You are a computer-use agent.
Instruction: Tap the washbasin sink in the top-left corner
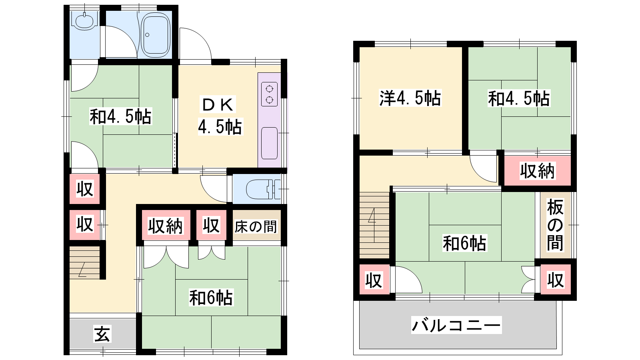84,21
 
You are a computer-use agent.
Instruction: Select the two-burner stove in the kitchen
270,94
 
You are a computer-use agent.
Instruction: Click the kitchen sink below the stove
270,143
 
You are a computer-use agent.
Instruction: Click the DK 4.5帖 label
220,116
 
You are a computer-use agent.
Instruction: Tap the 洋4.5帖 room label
410,98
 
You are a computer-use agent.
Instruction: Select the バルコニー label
456,325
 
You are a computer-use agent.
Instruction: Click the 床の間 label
256,226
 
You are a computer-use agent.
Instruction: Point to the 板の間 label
555,225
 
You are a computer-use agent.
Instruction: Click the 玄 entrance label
102,334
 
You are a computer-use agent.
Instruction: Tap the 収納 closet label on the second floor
537,171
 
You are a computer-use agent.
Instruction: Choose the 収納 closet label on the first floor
165,226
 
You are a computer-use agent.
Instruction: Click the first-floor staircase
84,263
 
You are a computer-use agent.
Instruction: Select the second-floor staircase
374,225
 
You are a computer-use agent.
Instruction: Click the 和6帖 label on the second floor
464,243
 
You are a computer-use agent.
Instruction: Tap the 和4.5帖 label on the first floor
120,116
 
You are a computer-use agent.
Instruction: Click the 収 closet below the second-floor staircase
374,280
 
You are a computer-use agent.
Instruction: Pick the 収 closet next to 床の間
211,226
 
